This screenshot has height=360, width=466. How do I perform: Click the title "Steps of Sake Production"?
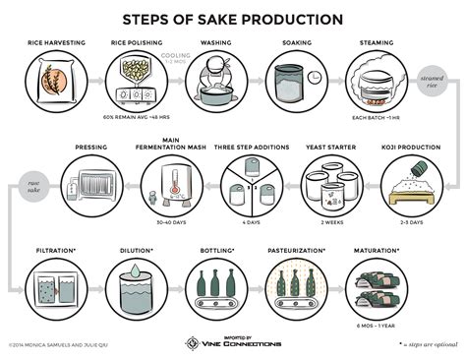click(x=232, y=19)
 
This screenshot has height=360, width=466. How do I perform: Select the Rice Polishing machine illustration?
click(x=137, y=79)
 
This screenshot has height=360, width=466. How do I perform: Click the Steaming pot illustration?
click(x=376, y=82)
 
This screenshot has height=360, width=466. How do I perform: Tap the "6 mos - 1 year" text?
click(x=376, y=328)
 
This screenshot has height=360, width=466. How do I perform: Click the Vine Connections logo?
click(x=234, y=342)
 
